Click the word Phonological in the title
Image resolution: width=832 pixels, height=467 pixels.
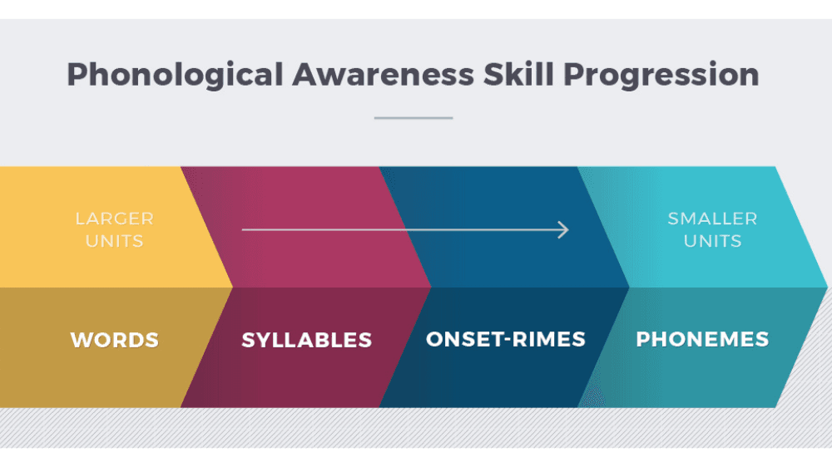pos(175,75)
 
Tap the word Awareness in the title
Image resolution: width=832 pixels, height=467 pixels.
pos(384,75)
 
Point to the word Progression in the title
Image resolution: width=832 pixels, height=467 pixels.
pos(661,75)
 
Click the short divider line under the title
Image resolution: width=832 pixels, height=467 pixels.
pos(414,118)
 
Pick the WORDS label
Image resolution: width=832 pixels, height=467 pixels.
pos(115,340)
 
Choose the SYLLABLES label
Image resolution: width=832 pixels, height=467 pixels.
pos(307,340)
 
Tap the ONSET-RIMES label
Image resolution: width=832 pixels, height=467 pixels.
pos(506,339)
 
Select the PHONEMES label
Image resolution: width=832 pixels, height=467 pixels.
pos(702,339)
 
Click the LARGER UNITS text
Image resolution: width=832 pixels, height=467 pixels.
pos(115,230)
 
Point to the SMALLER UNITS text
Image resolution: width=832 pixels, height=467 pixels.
pos(712,230)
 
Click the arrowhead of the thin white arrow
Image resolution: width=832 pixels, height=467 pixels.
pos(564,229)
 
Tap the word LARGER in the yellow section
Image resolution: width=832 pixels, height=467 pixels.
pos(115,219)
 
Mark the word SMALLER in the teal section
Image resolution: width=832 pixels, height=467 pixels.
pos(712,219)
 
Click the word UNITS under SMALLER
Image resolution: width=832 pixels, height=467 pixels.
pos(712,242)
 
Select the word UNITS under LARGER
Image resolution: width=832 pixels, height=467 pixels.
pos(115,242)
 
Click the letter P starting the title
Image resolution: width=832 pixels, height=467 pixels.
pos(77,75)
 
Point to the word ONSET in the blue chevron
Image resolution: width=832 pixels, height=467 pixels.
pos(462,339)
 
